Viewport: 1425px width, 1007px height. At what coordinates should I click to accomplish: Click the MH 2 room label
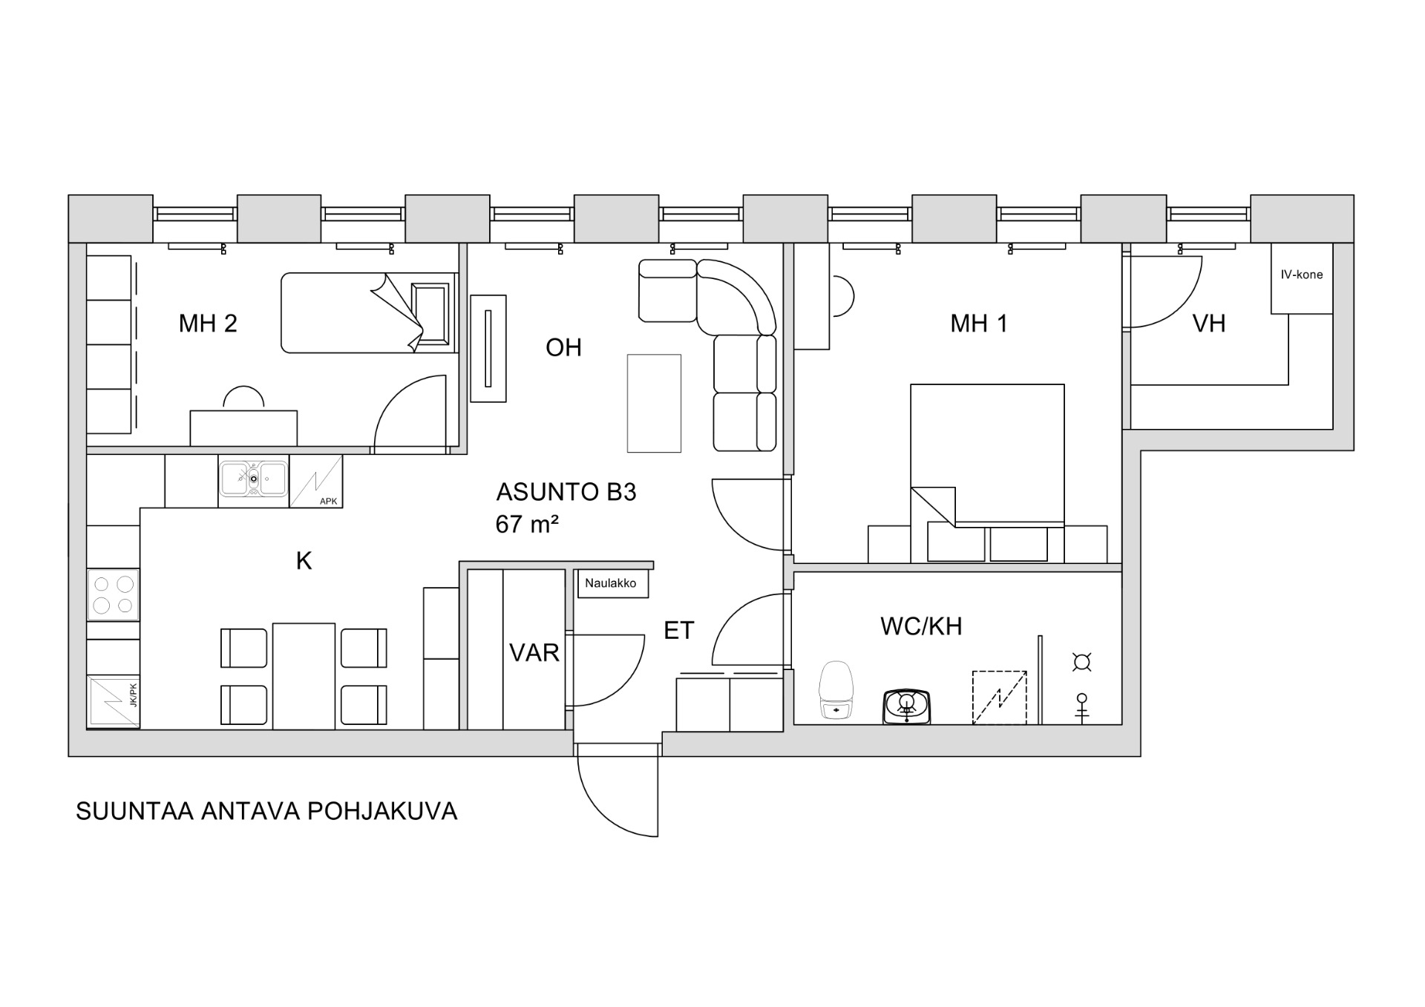pos(208,324)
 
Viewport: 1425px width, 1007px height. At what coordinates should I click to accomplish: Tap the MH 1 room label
pos(979,324)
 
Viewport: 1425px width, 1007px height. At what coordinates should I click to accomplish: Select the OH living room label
pos(563,347)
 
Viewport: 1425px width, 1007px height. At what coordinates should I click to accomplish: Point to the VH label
pos(1208,324)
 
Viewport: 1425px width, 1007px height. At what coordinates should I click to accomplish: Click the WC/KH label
pos(921,626)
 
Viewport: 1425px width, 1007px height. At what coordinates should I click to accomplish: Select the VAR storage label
pos(534,653)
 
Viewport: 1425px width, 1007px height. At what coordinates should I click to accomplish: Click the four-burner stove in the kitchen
pos(114,594)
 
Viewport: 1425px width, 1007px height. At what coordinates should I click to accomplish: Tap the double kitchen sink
pos(253,479)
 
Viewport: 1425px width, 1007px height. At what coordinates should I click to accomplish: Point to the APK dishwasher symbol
pos(316,482)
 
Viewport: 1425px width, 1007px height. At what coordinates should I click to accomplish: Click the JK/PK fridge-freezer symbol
pos(113,701)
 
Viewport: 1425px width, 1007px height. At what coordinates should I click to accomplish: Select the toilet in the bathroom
pos(836,690)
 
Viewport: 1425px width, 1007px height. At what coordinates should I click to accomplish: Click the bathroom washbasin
pos(906,705)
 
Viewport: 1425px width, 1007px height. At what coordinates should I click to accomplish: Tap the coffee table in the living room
pos(654,403)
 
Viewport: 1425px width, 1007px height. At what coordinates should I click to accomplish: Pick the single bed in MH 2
pos(367,312)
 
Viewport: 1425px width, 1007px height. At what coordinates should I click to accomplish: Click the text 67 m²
pos(526,525)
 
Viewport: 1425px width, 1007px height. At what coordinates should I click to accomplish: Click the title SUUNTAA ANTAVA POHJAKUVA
pos(266,811)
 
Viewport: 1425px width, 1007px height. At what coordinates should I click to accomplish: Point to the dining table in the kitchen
pos(304,675)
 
